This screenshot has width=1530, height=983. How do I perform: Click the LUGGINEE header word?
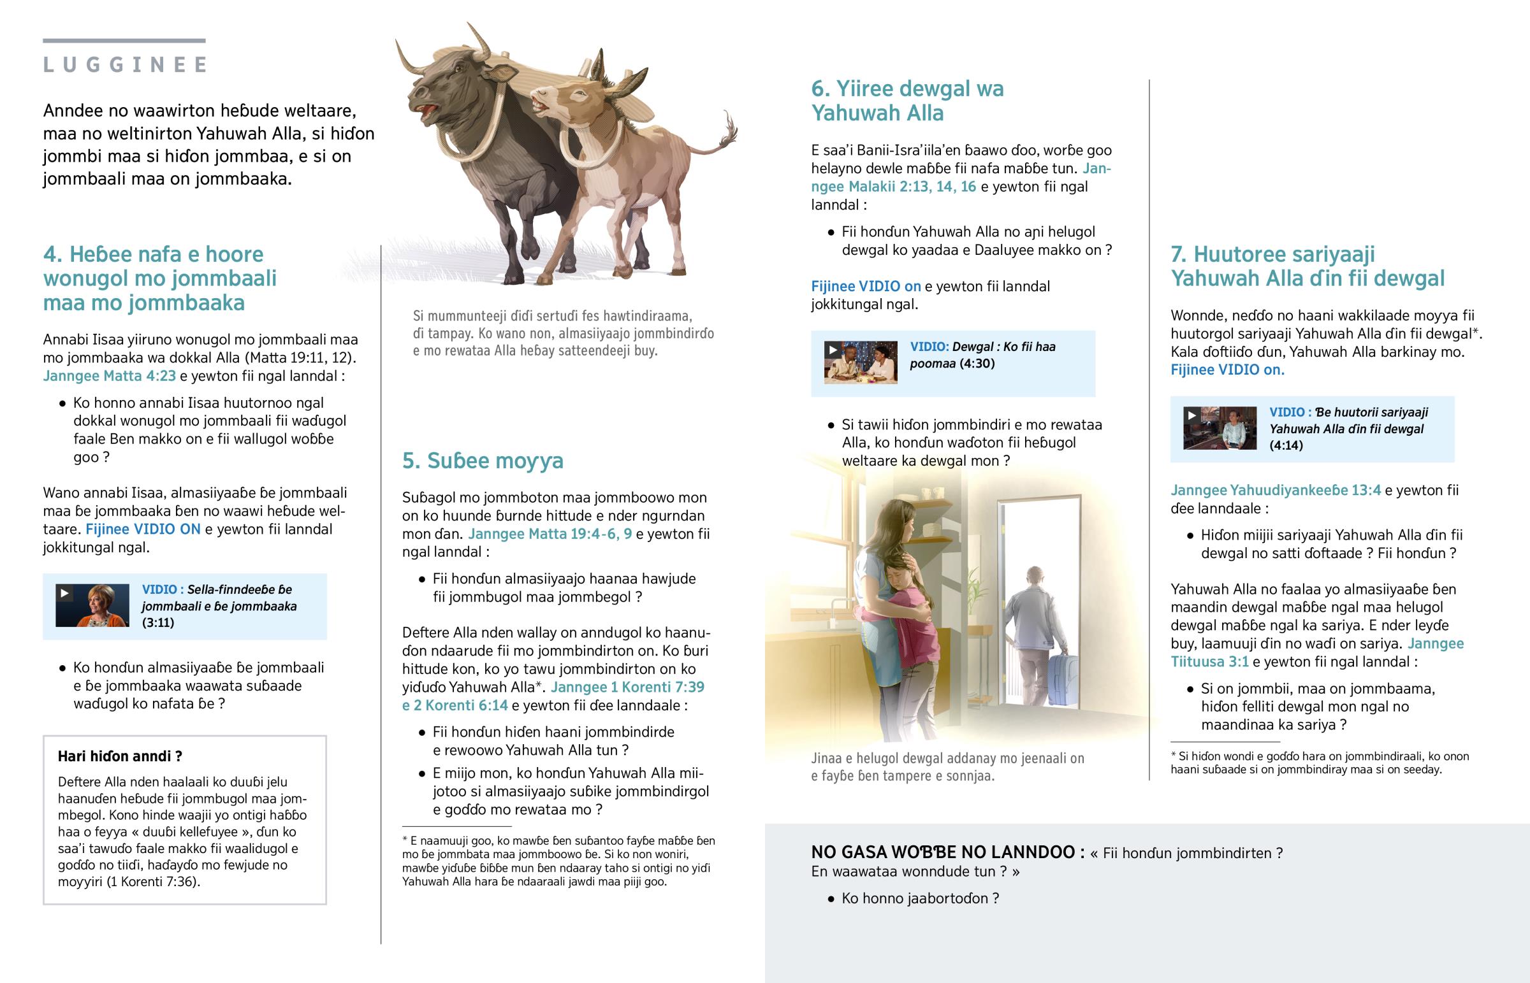pyautogui.click(x=125, y=64)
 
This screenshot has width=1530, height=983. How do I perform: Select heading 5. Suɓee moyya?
pyautogui.click(x=483, y=460)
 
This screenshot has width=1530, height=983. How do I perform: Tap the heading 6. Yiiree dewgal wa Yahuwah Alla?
pyautogui.click(x=907, y=101)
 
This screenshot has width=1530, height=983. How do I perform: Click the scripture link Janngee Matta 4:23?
pyautogui.click(x=109, y=376)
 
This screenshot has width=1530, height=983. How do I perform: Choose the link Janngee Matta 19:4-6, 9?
pyautogui.click(x=550, y=534)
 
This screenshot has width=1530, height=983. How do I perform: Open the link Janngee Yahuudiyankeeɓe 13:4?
pyautogui.click(x=1275, y=490)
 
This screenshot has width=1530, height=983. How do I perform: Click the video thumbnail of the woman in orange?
pyautogui.click(x=92, y=605)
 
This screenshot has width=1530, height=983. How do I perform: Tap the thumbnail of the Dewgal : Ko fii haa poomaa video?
pyautogui.click(x=860, y=362)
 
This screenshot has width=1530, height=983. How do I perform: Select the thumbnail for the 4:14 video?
pyautogui.click(x=1220, y=427)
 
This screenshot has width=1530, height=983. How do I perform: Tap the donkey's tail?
pyautogui.click(x=722, y=137)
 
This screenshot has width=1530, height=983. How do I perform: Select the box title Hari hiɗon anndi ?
pyautogui.click(x=120, y=756)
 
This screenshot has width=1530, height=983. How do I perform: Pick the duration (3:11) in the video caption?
pyautogui.click(x=157, y=622)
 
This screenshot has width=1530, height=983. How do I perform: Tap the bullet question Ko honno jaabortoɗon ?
pyautogui.click(x=919, y=898)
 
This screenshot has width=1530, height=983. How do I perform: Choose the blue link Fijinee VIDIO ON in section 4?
pyautogui.click(x=143, y=529)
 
